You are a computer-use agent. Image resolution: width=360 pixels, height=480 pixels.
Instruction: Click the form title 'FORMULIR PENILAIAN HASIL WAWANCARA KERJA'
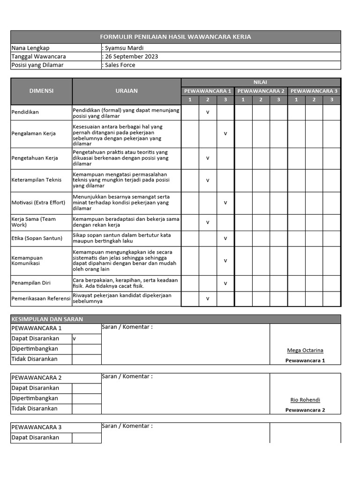tap(176, 37)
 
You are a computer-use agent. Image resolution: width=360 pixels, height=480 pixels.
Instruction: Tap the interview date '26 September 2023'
tap(131, 57)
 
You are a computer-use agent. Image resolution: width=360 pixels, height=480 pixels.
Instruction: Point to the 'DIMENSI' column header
tap(41, 91)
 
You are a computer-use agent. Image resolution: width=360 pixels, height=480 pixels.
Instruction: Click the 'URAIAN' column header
tap(127, 91)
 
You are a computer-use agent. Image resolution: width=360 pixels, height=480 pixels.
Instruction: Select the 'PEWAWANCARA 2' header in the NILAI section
tap(261, 91)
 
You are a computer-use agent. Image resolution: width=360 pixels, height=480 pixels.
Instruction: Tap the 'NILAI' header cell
tap(261, 82)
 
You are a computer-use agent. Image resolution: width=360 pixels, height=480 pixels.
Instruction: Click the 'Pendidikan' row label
tap(25, 112)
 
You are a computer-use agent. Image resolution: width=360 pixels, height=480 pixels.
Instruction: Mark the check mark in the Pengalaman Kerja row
tap(225, 134)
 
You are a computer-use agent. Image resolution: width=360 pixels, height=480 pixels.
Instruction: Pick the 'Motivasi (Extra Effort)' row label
tap(38, 202)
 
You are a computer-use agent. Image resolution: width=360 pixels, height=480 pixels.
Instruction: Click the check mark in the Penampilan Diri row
tap(225, 283)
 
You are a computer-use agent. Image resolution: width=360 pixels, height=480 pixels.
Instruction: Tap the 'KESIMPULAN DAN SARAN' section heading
tap(47, 319)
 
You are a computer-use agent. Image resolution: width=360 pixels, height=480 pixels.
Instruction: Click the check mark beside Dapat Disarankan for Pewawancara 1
tap(75, 338)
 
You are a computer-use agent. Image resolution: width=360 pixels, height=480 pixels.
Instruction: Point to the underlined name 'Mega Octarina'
tap(305, 350)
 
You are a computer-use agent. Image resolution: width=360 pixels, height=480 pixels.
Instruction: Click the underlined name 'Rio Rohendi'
tap(305, 400)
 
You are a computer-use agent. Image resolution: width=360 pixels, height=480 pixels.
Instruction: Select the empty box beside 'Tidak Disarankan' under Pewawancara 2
tap(87, 409)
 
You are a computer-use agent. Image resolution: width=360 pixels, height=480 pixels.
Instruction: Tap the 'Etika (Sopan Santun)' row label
tap(37, 239)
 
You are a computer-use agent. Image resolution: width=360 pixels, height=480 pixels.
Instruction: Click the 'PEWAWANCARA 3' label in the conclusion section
tap(37, 427)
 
